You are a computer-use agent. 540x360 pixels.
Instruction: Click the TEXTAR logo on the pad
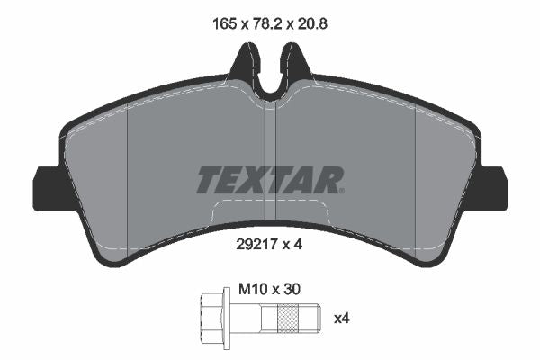point(269,180)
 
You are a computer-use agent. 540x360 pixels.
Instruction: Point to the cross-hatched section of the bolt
point(289,318)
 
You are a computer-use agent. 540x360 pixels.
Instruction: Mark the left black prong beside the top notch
point(243,67)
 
